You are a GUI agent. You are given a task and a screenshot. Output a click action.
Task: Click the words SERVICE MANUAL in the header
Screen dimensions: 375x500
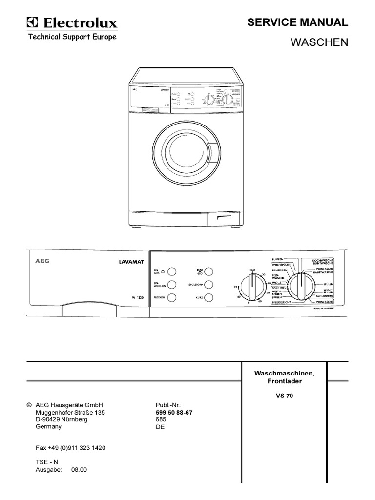297,22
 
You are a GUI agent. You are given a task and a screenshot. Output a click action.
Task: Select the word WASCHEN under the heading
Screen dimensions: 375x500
319,42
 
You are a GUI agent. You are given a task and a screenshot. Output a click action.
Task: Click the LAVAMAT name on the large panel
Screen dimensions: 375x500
129,262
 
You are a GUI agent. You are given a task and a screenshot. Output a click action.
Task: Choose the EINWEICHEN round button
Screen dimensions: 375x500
171,285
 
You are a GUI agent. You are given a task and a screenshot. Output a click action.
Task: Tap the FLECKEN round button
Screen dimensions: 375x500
171,297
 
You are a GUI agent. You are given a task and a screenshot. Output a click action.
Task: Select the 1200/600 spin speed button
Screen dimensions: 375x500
209,271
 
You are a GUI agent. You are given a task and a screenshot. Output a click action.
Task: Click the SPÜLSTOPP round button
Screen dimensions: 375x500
209,284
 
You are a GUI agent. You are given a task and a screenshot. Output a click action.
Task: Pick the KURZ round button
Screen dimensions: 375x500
209,297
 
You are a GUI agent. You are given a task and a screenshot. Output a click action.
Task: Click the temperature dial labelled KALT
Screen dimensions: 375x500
253,286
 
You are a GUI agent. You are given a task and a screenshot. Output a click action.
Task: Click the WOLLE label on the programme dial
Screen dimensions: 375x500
277,282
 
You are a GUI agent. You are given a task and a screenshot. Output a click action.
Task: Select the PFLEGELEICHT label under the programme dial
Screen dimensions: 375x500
278,303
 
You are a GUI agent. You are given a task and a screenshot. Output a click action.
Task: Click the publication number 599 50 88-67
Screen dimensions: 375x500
174,413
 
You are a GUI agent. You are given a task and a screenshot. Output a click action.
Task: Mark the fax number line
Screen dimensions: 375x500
71,448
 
